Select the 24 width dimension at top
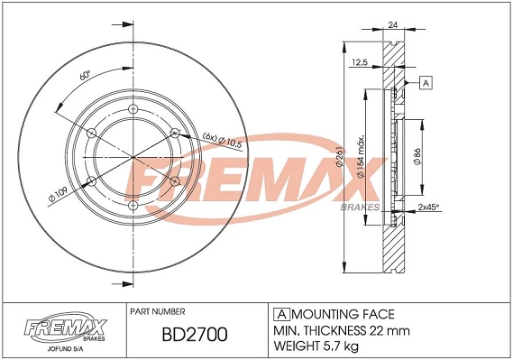tap(392, 25)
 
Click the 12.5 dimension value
tap(360, 62)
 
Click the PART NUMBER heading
tap(159, 311)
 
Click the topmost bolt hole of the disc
tap(133, 110)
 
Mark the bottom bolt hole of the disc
tap(133, 207)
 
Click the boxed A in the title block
tap(280, 314)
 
